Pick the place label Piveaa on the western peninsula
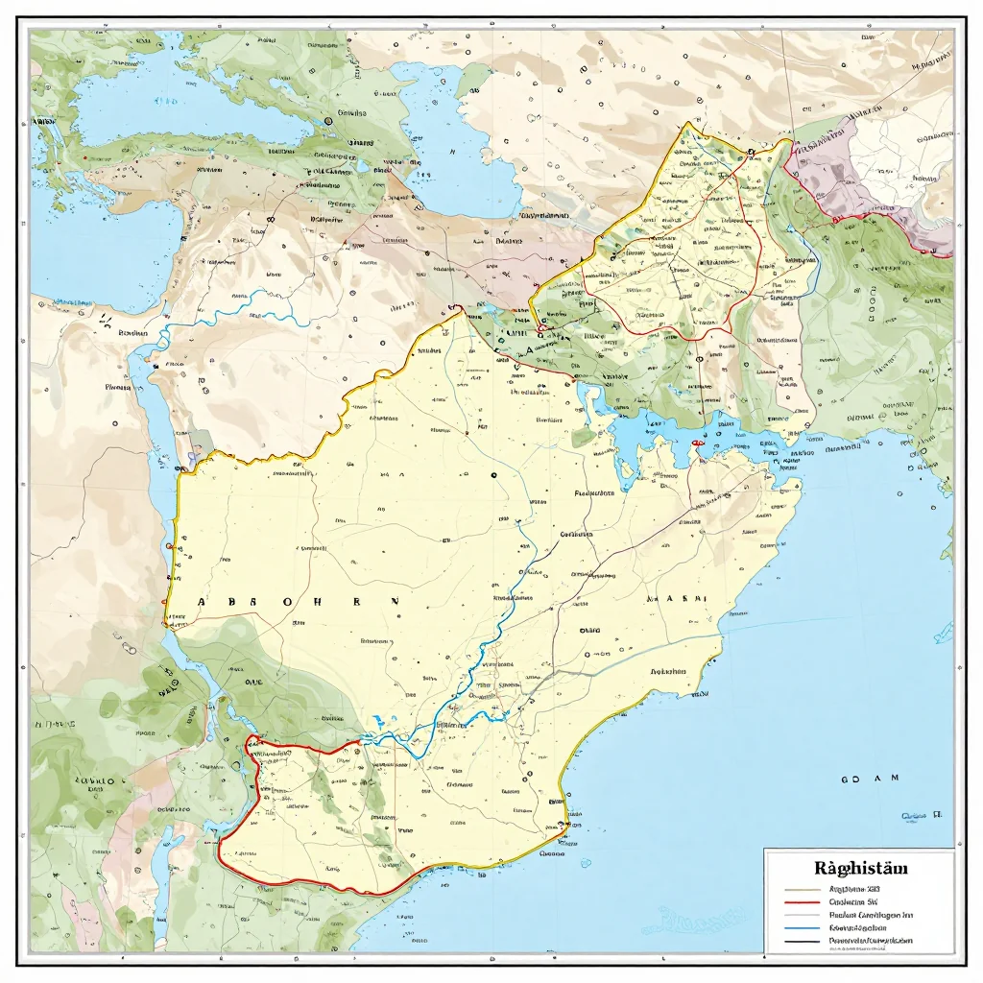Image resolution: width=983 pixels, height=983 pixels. [119, 388]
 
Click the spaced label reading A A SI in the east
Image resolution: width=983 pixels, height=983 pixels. [679, 597]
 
